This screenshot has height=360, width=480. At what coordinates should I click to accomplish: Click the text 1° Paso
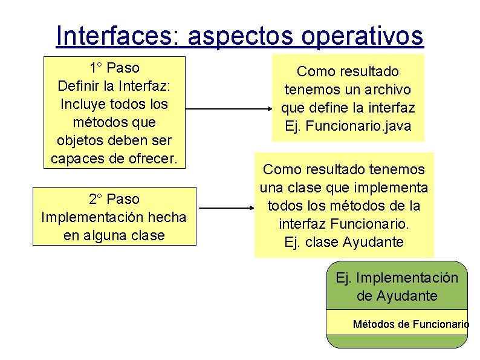tap(114, 67)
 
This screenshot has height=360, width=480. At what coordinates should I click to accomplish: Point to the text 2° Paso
tap(114, 199)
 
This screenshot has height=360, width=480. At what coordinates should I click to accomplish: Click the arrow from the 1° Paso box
tap(230, 110)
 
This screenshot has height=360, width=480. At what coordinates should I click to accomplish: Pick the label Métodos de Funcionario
tap(410, 324)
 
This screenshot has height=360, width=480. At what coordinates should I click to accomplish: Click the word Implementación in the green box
tap(407, 278)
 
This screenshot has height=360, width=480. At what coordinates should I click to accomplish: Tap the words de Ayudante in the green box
tap(397, 296)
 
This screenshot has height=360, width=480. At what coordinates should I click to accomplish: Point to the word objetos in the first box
tap(79, 141)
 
